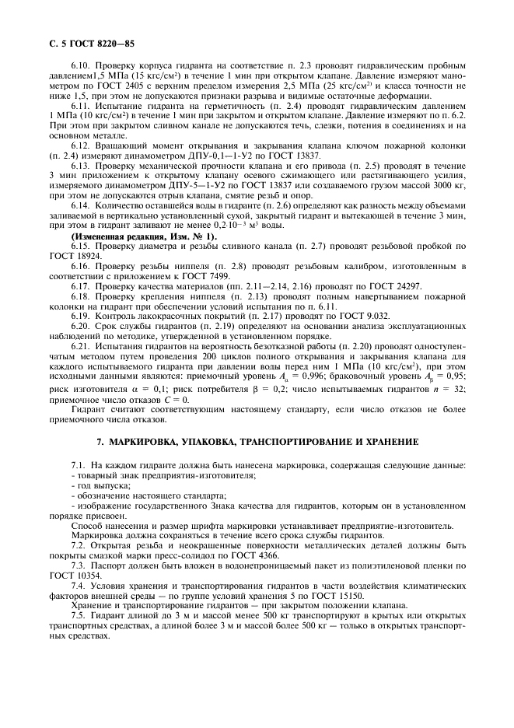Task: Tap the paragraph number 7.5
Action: pos(79,621)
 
